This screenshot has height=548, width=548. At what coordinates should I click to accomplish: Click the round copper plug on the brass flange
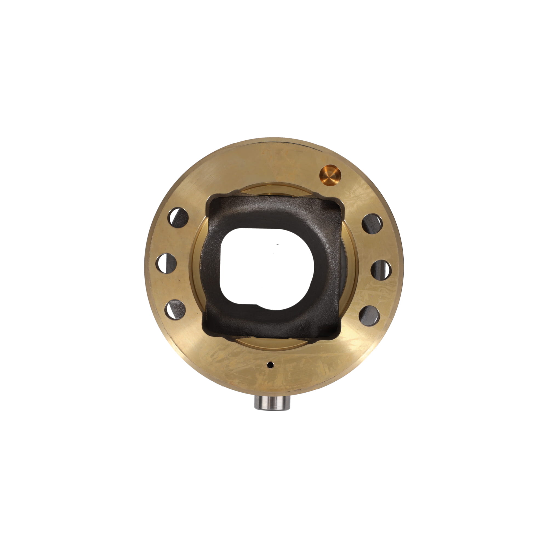click(x=330, y=175)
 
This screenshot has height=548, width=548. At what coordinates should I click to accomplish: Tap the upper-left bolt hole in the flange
click(x=178, y=218)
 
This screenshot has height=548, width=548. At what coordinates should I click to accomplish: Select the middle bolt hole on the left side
click(x=166, y=263)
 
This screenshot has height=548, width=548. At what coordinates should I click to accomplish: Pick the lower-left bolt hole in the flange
click(x=175, y=310)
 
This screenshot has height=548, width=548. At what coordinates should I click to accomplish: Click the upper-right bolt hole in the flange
click(x=372, y=224)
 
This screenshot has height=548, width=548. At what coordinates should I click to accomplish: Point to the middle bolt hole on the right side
click(x=381, y=270)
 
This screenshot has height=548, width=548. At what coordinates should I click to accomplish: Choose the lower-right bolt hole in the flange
click(x=369, y=316)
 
